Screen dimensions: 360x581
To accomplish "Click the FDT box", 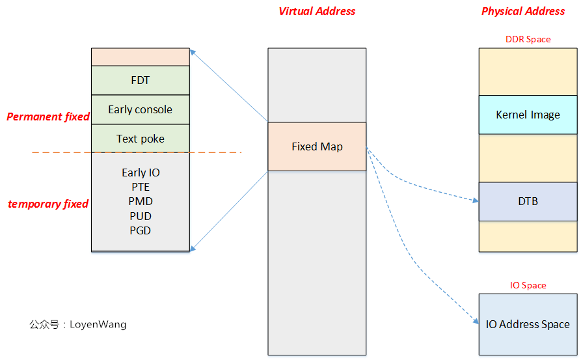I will click(x=140, y=80).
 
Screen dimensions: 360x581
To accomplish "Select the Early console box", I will click(x=140, y=109).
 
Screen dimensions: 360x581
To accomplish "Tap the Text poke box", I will click(x=140, y=139).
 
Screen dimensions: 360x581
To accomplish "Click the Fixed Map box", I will click(x=317, y=146).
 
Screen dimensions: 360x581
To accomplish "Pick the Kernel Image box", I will click(x=528, y=115).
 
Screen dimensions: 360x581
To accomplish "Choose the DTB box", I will click(x=528, y=201).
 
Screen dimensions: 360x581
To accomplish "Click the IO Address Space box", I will click(x=528, y=324).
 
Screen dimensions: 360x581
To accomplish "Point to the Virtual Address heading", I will click(x=317, y=11).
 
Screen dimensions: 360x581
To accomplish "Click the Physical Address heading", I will click(x=523, y=11).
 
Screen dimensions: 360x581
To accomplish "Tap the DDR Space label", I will click(x=528, y=39).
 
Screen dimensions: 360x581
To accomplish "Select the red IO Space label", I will click(x=528, y=285).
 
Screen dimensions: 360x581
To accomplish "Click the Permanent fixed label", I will click(x=48, y=117).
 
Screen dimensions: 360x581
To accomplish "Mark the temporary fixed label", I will click(x=48, y=204).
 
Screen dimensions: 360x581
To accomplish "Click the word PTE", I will click(x=140, y=187).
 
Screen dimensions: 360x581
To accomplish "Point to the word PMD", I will click(x=140, y=201).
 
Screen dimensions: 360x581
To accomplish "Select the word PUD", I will click(x=140, y=215).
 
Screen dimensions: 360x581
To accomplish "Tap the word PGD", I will click(x=140, y=230).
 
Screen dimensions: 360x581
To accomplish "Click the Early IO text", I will click(x=140, y=173).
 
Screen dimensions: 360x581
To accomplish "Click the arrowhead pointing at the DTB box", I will click(x=475, y=201).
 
